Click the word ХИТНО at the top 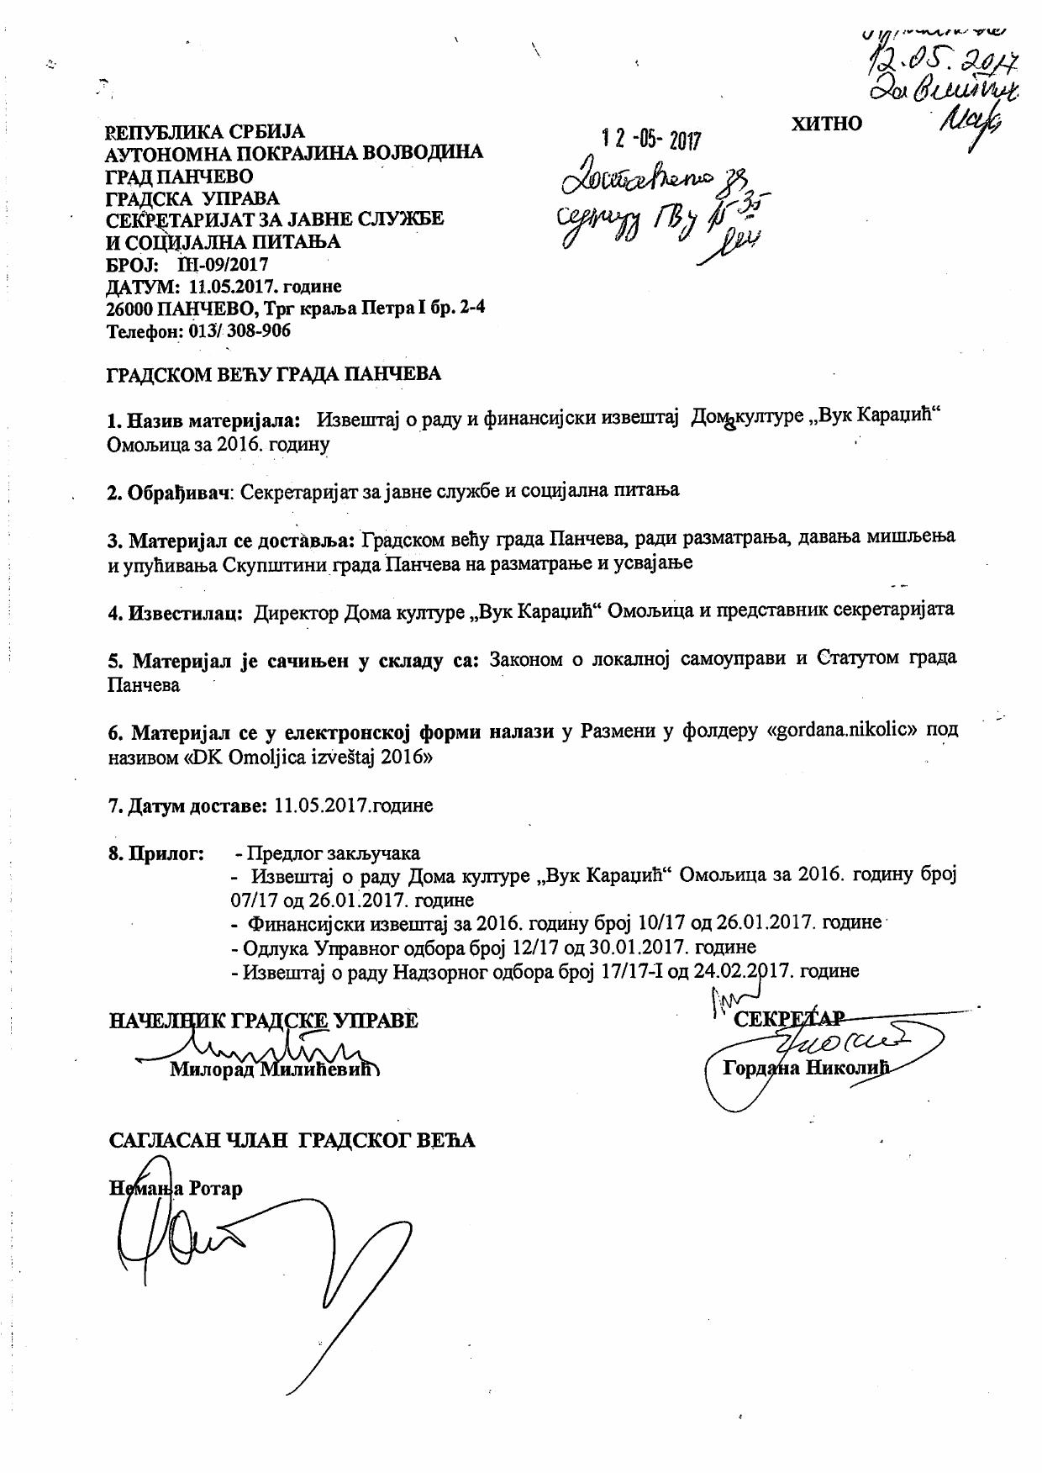pyautogui.click(x=826, y=124)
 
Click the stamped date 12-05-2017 pyautogui.click(x=652, y=139)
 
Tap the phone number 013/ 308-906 pyautogui.click(x=239, y=330)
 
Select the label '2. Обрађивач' pyautogui.click(x=169, y=492)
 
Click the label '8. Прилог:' pyautogui.click(x=156, y=854)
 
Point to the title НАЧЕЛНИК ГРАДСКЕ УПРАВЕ pyautogui.click(x=263, y=1021)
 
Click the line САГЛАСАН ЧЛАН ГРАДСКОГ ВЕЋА pyautogui.click(x=292, y=1140)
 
